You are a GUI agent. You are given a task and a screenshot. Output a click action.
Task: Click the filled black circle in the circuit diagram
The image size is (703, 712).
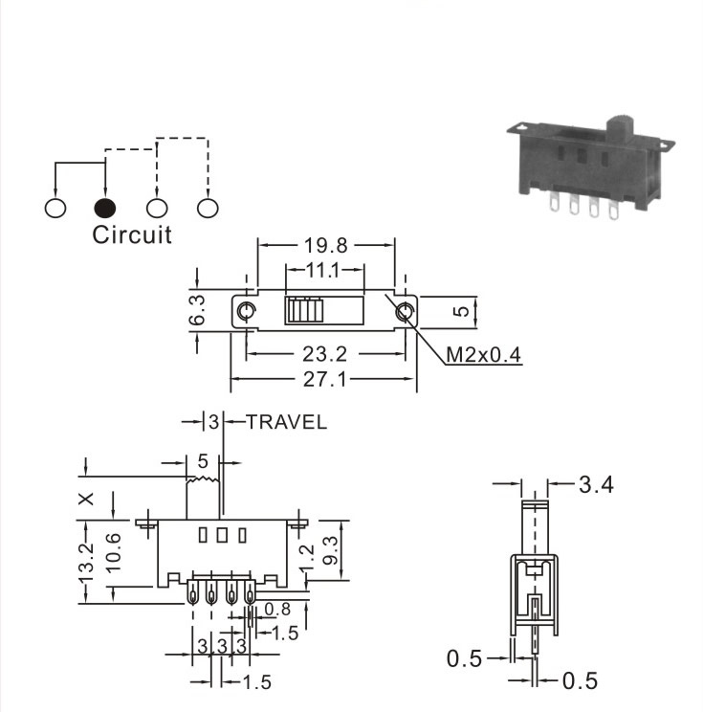105,208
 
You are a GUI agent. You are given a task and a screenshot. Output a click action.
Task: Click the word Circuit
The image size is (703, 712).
132,234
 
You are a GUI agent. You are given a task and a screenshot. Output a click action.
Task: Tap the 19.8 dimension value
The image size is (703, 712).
325,246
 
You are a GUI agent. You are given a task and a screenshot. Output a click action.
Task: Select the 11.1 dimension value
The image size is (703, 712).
322,270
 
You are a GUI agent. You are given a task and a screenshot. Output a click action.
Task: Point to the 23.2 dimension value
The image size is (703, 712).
324,354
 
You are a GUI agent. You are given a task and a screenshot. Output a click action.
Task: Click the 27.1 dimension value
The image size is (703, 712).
324,379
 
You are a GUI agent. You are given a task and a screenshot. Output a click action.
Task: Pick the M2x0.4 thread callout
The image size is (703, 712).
483,355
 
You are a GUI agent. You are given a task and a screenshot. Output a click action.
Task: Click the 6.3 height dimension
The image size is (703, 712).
197,310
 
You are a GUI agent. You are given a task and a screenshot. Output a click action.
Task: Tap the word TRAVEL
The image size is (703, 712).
286,422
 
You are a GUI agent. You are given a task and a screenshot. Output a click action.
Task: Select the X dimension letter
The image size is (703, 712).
86,499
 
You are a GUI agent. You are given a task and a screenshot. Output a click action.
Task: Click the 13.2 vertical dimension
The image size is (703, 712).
85,562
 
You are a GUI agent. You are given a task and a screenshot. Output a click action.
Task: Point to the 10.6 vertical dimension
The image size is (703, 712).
113,552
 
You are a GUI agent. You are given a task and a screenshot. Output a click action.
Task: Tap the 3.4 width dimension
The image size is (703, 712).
596,484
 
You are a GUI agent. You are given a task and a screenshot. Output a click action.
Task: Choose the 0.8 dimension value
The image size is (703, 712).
276,609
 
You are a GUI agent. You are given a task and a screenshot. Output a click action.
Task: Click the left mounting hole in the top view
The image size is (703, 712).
247,312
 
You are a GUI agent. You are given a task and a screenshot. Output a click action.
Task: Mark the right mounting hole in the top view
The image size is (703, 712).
405,312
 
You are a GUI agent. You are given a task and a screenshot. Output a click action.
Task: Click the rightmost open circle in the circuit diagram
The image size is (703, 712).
208,208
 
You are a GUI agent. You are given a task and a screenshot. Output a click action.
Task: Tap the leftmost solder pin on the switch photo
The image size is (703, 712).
553,202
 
